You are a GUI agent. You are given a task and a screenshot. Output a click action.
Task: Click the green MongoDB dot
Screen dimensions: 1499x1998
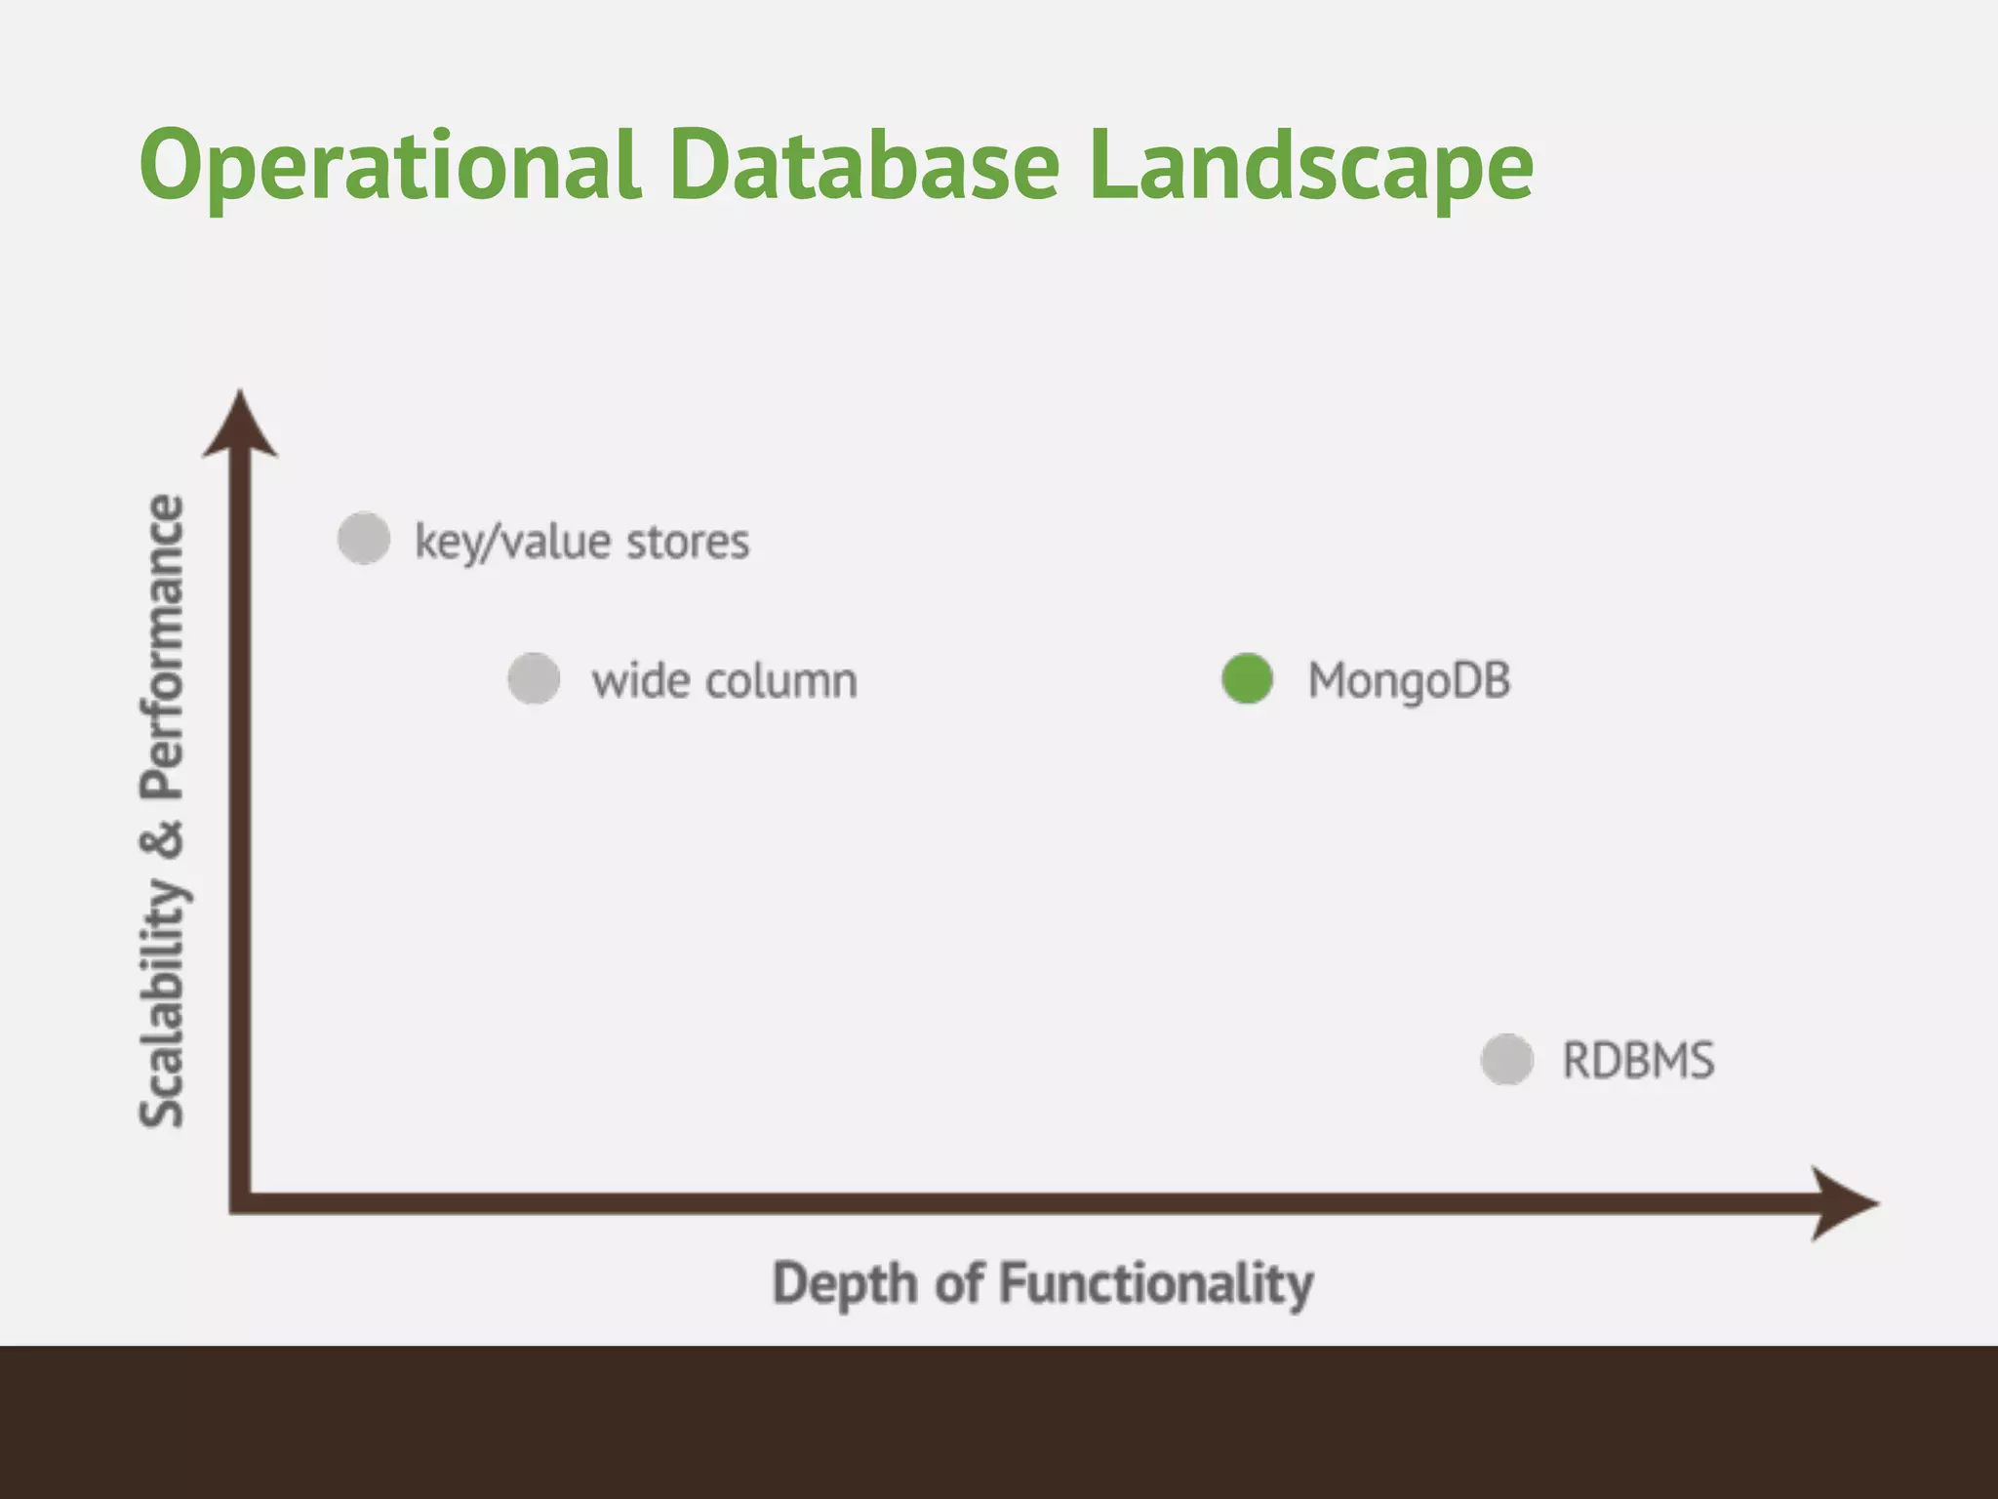1247,679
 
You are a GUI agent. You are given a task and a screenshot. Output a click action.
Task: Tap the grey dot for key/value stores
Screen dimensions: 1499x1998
364,538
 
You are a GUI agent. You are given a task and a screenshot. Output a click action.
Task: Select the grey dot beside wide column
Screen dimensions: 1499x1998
534,678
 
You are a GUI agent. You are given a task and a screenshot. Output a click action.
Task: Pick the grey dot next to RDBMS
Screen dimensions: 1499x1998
1507,1060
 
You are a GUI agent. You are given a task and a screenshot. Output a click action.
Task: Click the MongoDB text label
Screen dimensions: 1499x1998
1409,681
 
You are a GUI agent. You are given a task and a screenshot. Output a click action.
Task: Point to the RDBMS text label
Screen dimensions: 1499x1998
1638,1061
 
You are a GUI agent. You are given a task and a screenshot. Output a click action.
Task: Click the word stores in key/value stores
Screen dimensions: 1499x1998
688,542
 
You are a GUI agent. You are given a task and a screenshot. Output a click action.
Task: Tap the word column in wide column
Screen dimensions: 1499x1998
780,681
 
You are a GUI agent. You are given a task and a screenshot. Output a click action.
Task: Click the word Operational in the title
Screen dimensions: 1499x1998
390,166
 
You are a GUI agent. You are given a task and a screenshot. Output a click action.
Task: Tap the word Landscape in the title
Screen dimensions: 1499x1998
1310,166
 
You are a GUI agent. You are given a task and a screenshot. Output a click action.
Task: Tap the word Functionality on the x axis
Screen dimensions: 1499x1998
1156,1284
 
